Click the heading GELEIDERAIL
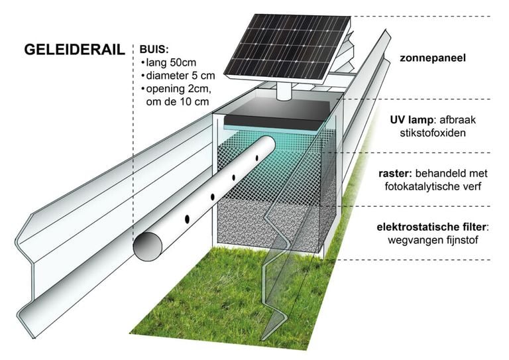pyautogui.click(x=74, y=49)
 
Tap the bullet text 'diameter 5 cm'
pyautogui.click(x=178, y=76)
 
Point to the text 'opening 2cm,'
pyautogui.click(x=176, y=89)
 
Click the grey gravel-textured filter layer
pyautogui.click(x=265, y=219)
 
